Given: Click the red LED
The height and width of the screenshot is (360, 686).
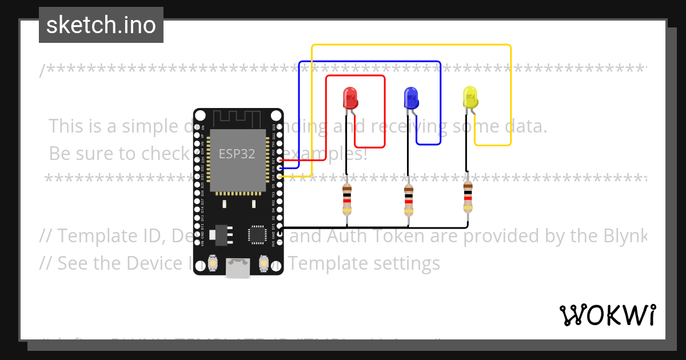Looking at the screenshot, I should coord(349,98).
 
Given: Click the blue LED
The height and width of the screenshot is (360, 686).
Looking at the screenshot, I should coord(410,98).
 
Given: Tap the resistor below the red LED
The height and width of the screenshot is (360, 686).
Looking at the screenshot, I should coord(346,199).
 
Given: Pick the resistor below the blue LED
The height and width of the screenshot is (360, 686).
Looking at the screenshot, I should coord(408,199).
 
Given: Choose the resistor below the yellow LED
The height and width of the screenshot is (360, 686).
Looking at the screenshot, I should coord(468,197).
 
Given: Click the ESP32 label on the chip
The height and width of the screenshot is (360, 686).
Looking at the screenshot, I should coord(237,154).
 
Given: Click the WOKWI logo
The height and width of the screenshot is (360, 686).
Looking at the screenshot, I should coord(607,315).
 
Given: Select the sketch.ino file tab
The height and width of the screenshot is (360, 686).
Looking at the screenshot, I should coord(101,25).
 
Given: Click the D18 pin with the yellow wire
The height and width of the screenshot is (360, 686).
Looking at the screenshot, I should coord(279,177).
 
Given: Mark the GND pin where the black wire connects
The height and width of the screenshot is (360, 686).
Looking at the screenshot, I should coord(279,228).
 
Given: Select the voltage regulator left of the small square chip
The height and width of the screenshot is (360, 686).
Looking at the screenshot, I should coord(220,234).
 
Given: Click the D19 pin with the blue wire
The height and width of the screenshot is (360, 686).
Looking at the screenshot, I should coord(279,169).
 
